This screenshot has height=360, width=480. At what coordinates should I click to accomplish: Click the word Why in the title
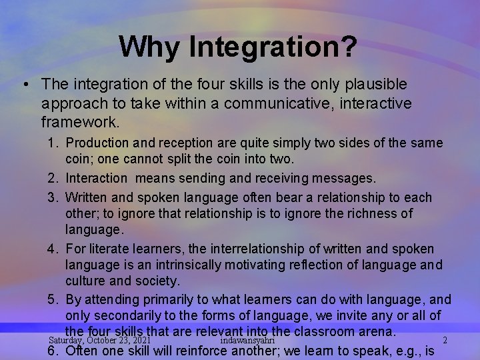(x=150, y=47)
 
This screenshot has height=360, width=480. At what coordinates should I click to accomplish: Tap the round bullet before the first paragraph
(x=25, y=85)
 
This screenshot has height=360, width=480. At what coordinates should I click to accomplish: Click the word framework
(x=80, y=123)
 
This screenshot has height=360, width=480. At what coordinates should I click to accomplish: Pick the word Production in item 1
(x=98, y=143)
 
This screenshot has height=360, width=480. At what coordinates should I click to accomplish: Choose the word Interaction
(x=96, y=179)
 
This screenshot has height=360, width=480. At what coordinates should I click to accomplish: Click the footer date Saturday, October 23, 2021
(x=99, y=340)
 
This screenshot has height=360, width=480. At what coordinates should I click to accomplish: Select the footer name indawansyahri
(x=247, y=340)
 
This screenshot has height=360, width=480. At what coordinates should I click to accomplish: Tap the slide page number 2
(x=445, y=341)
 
